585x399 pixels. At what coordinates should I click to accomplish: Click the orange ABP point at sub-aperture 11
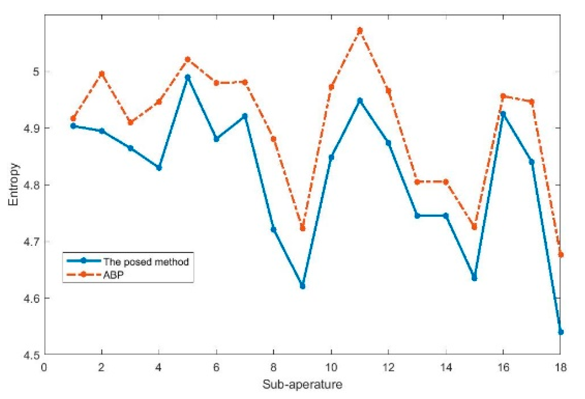[360, 30]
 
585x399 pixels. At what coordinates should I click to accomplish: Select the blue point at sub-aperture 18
[561, 332]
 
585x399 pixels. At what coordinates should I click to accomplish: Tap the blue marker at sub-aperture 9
[302, 286]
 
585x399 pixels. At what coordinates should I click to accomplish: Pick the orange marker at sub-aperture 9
[302, 228]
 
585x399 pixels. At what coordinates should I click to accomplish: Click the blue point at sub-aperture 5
[188, 77]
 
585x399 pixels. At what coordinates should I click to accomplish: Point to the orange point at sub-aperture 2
[102, 74]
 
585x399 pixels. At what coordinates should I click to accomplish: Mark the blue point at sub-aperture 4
[159, 168]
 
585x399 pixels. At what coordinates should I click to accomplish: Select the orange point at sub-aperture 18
[561, 255]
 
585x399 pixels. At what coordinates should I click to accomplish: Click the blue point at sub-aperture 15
[474, 278]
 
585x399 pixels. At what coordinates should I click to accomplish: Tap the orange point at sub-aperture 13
[417, 182]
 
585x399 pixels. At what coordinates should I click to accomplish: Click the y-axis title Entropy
[13, 184]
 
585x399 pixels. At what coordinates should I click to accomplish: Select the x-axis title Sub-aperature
[302, 384]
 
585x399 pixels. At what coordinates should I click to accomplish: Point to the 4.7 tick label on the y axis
[31, 242]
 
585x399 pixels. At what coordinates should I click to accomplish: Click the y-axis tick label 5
[36, 72]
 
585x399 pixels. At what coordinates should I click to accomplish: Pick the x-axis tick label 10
[331, 368]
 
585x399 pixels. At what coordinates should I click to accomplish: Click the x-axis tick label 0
[44, 368]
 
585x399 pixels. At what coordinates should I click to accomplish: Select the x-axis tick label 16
[503, 368]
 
